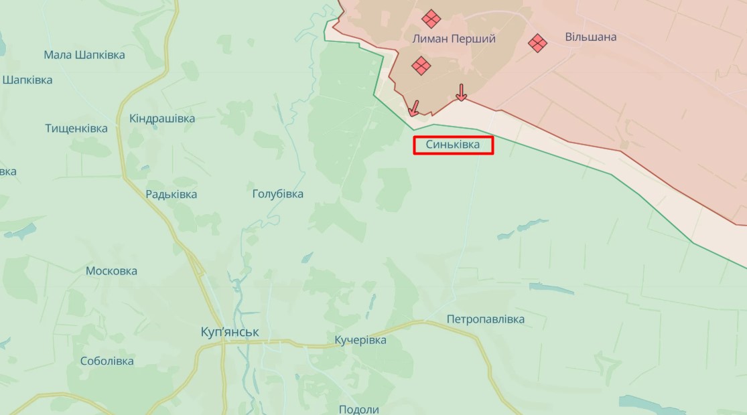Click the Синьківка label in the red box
tap(453, 145)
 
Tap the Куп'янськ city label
tap(230, 332)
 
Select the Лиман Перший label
tap(454, 39)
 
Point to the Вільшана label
tap(590, 37)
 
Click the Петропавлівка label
tap(486, 319)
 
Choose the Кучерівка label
tap(360, 340)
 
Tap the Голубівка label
tap(277, 194)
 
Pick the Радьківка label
tap(172, 194)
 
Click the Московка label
tap(111, 271)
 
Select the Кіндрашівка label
tap(162, 118)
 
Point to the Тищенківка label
tap(76, 128)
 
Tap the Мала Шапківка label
tap(84, 55)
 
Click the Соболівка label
tap(107, 361)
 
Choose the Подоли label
tap(359, 410)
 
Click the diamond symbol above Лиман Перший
tap(431, 18)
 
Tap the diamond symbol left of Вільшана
tap(537, 43)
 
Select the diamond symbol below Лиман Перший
tap(421, 66)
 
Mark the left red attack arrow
tap(414, 107)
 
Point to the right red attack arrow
tap(461, 92)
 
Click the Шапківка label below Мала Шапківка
tap(27, 80)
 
